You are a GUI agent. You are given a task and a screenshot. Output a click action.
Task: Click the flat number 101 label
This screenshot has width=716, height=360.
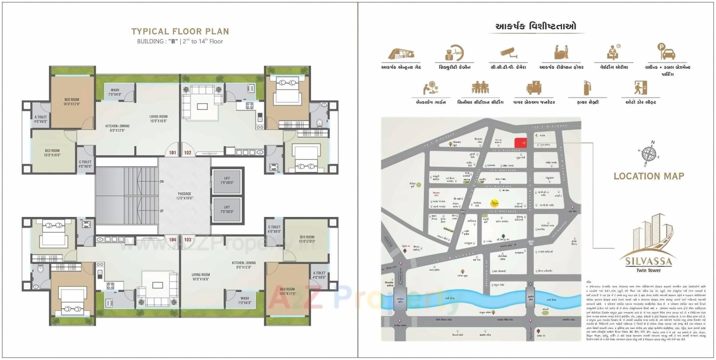point(172,153)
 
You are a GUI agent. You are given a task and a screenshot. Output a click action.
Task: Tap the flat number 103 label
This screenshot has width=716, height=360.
point(188,240)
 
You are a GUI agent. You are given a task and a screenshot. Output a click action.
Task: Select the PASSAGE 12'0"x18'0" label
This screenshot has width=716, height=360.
point(185,196)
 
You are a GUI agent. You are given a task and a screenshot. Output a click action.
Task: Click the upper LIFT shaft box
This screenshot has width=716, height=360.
point(227,181)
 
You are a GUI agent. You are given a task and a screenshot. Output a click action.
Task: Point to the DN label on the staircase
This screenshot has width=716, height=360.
point(162,182)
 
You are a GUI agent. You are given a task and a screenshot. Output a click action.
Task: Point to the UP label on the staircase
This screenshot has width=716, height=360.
point(162,211)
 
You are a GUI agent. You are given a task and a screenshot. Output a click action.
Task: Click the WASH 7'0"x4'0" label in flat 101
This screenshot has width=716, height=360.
point(115,92)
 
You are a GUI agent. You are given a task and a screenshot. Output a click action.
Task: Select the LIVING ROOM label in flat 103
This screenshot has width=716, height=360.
point(201,277)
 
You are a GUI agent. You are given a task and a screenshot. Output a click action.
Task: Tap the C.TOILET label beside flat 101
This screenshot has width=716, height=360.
point(85,164)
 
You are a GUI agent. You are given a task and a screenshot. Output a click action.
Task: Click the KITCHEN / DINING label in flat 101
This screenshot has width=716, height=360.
point(117,128)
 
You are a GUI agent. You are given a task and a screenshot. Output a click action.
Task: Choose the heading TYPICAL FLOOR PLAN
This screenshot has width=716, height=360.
point(180,32)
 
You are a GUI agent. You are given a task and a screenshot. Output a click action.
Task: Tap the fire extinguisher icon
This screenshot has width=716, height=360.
point(587,88)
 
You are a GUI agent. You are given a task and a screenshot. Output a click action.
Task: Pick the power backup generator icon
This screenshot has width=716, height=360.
point(534,88)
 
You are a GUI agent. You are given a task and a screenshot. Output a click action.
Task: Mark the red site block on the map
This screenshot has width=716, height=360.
point(520,143)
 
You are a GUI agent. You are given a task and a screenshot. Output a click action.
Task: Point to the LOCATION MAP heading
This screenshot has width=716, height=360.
point(649,176)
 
